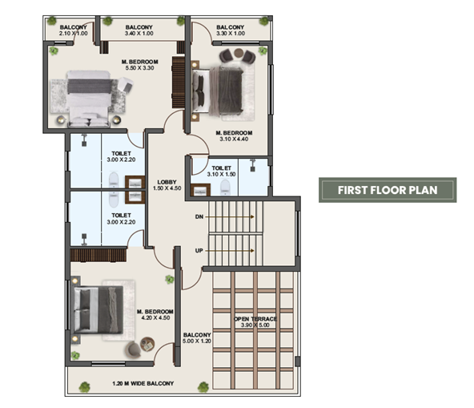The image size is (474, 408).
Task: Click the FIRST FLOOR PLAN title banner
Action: (x=388, y=190)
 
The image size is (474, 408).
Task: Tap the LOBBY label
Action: (x=167, y=182)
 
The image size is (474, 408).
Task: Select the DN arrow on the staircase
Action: (x=230, y=216)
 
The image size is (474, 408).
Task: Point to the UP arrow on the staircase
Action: (x=230, y=251)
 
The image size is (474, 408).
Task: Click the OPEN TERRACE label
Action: (x=255, y=319)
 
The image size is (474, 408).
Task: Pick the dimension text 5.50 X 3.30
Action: (x=139, y=68)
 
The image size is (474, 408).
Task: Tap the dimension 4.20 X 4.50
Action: (x=155, y=317)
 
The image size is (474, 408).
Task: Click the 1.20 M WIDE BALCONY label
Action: (x=143, y=383)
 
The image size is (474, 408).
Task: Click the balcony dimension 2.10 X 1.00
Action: (x=74, y=34)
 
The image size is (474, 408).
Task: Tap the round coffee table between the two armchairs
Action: (x=239, y=53)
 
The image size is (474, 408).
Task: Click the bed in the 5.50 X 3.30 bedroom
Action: (x=88, y=99)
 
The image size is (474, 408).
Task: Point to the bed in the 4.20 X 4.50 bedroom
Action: (x=98, y=309)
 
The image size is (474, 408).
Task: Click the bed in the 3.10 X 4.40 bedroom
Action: (x=219, y=91)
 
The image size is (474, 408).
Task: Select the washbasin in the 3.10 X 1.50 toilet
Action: (x=201, y=191)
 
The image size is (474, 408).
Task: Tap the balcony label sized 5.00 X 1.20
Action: (x=197, y=337)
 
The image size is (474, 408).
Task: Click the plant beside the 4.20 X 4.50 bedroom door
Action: (x=170, y=280)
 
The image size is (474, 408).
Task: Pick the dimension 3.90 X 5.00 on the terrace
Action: (x=255, y=325)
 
